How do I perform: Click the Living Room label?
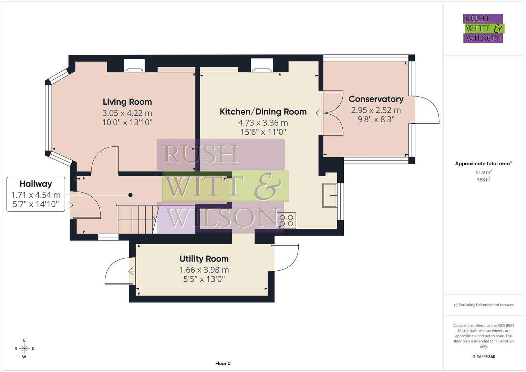[x=127, y=102]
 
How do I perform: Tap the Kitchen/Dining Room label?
[x=263, y=112]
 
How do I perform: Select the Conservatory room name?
[x=376, y=99]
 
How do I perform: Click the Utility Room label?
[x=204, y=259]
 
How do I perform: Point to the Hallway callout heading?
[x=35, y=184]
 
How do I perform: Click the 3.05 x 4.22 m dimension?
[x=127, y=113]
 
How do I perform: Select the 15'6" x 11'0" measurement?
[x=263, y=132]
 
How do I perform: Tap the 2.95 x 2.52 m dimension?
[x=376, y=110]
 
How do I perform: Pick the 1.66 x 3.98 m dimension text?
[x=204, y=270]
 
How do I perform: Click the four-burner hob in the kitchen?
[x=286, y=220]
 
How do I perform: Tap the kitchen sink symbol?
[x=330, y=196]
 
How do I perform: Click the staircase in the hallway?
[x=136, y=219]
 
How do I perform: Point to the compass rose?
[x=24, y=349]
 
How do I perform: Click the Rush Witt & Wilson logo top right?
[x=483, y=28]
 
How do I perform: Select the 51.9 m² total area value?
[x=484, y=172]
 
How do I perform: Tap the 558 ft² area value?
[x=484, y=180]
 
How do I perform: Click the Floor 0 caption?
[x=223, y=363]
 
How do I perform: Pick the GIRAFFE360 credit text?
[x=484, y=356]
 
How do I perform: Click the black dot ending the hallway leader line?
[x=131, y=195]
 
